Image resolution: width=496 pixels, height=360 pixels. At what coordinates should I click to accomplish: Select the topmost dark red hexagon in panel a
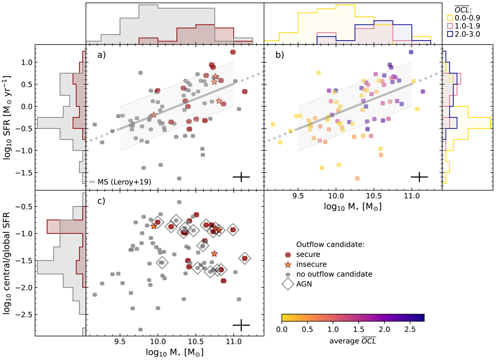point(233,52)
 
